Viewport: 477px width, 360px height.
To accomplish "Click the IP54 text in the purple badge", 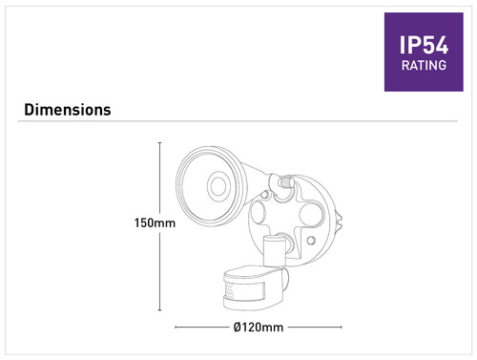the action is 424,45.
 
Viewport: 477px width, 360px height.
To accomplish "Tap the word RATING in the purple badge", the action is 424,65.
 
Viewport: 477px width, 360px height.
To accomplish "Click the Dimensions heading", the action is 68,110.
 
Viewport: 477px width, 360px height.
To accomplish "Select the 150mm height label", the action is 155,222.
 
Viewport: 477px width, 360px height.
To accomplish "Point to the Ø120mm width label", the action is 259,328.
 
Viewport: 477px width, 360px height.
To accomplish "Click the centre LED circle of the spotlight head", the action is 218,186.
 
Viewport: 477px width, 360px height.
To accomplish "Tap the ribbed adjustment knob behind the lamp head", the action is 286,182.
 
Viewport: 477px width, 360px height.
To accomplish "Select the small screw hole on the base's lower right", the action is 311,241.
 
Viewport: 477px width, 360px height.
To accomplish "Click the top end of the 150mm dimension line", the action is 159,142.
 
